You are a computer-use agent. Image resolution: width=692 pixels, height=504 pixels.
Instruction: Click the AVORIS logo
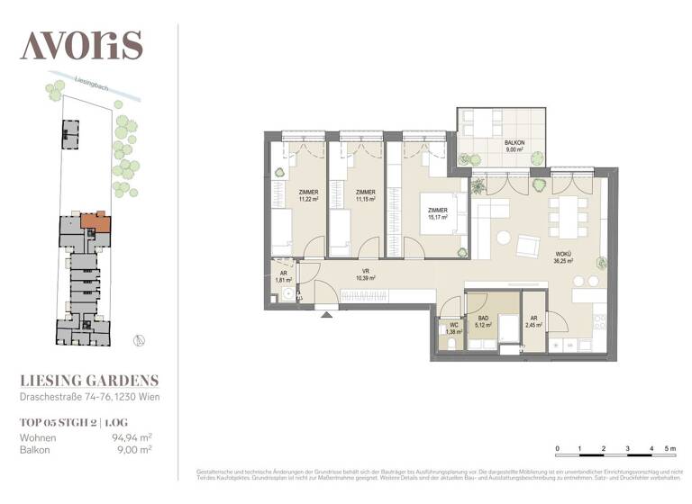pos(82,44)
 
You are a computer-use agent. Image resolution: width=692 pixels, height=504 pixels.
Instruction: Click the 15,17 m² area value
pos(439,217)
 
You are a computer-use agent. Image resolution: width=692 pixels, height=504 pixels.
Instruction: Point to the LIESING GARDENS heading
pos(89,380)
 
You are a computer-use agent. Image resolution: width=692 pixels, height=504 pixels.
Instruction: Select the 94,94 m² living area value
pos(130,437)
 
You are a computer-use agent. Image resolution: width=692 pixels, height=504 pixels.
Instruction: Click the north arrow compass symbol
pos(138,339)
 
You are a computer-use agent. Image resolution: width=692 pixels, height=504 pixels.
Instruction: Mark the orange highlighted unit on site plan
pos(94,220)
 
